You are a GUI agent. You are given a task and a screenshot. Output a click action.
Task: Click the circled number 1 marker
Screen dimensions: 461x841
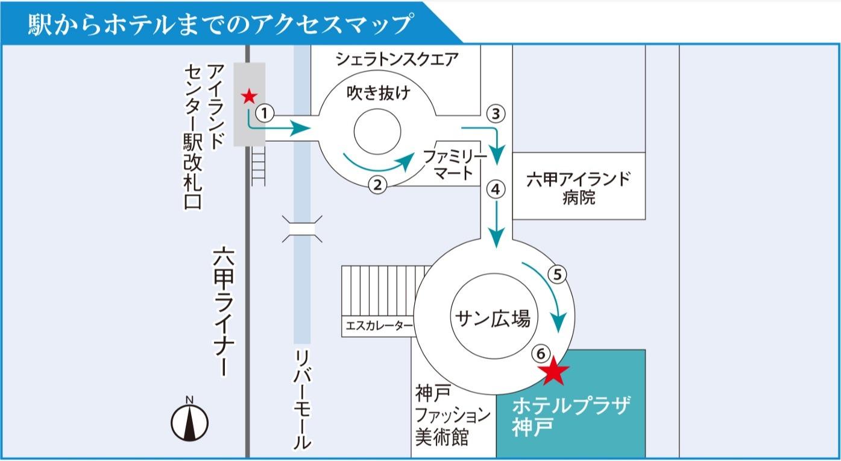tap(265, 112)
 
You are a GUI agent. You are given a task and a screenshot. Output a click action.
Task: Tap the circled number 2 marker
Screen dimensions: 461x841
tap(377, 185)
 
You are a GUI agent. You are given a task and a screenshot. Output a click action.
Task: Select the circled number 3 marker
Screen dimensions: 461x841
tap(495, 113)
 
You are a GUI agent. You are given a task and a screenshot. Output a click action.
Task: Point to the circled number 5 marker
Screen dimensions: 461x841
tap(558, 275)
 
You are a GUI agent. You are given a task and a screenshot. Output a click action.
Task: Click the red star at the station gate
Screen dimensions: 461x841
tap(248, 96)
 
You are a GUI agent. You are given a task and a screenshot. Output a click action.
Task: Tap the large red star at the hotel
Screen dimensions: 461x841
tap(554, 372)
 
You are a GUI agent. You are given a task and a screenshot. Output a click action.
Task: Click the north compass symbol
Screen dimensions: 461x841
tap(189, 420)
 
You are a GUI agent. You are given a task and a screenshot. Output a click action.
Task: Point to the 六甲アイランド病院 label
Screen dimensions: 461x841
tap(578, 188)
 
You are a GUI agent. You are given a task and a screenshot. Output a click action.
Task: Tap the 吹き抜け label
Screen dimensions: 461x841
tap(378, 94)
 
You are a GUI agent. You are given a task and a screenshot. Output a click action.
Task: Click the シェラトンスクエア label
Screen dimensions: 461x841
tap(397, 59)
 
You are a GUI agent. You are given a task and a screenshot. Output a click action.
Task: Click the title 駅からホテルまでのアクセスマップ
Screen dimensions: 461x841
tap(220, 24)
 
